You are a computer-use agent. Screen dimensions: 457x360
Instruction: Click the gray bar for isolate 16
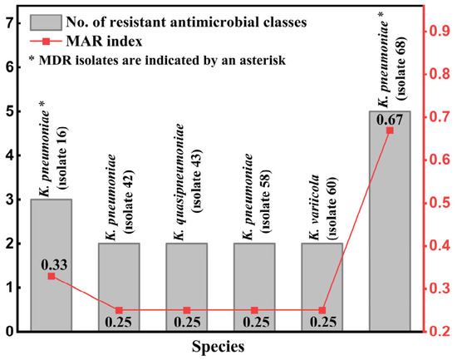pyautogui.click(x=52, y=265)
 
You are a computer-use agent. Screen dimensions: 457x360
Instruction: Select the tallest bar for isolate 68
pyautogui.click(x=390, y=221)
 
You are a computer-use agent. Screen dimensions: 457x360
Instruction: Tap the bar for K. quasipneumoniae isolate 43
pyautogui.click(x=187, y=287)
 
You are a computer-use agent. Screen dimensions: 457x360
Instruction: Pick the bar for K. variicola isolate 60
pyautogui.click(x=322, y=287)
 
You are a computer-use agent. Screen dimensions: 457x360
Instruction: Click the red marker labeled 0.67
pyautogui.click(x=390, y=131)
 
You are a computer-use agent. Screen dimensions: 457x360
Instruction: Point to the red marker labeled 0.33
pyautogui.click(x=52, y=276)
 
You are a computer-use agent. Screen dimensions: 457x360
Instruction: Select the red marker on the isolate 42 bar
pyautogui.click(x=119, y=310)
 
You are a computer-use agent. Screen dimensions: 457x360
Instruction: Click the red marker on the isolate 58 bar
pyautogui.click(x=254, y=310)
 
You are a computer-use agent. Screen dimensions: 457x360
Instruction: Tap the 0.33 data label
pyautogui.click(x=54, y=265)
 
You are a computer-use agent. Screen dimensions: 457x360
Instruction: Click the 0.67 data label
pyautogui.click(x=390, y=120)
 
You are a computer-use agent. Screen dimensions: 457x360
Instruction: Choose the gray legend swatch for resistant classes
pyautogui.click(x=46, y=22)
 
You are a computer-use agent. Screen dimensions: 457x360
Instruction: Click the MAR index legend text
pyautogui.click(x=105, y=41)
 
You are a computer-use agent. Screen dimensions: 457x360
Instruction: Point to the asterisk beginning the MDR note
pyautogui.click(x=32, y=59)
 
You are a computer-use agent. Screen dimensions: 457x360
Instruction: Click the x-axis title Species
pyautogui.click(x=218, y=348)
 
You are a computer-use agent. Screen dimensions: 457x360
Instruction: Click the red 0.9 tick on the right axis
pyautogui.click(x=438, y=31)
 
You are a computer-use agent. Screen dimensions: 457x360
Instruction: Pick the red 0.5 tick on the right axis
pyautogui.click(x=438, y=203)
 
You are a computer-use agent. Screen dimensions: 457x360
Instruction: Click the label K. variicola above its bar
pyautogui.click(x=314, y=207)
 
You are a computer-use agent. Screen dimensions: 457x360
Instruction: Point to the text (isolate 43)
pyautogui.click(x=195, y=181)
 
